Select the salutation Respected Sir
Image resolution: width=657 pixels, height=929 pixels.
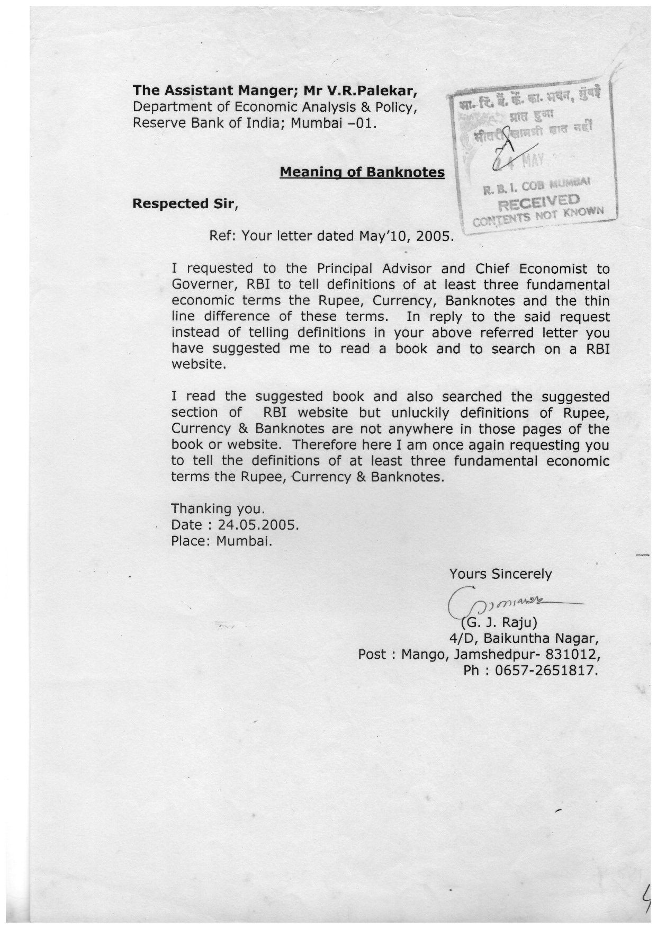click(182, 204)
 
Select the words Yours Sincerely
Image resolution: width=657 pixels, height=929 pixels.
click(500, 574)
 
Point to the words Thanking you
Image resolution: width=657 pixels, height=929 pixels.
click(218, 509)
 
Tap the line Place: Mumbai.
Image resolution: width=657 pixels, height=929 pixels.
click(222, 541)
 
